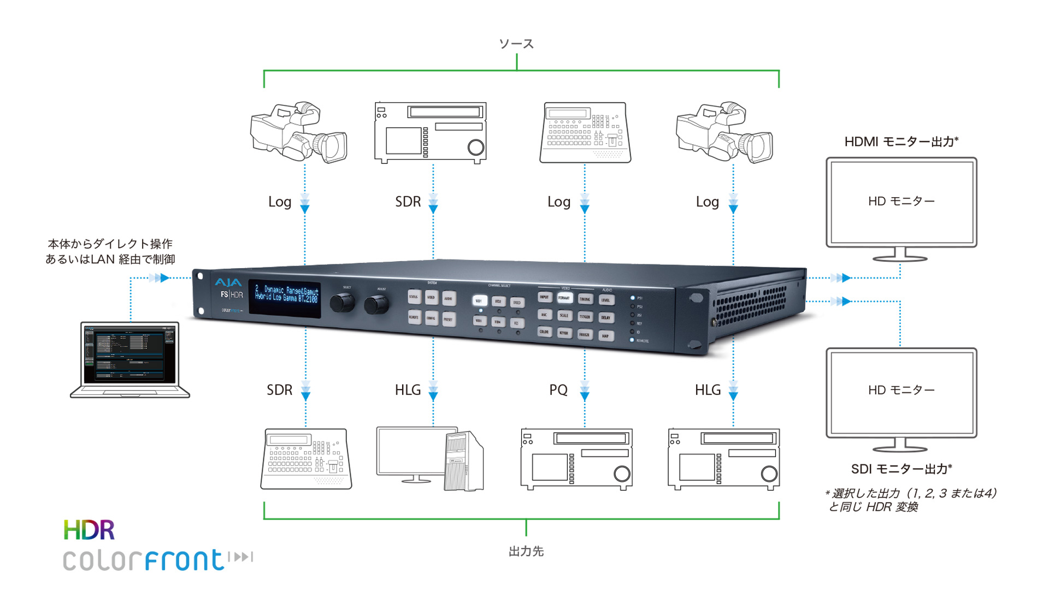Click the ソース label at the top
point(516,44)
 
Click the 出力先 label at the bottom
point(526,551)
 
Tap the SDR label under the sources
point(408,202)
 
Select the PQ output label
point(558,390)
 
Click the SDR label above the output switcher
point(279,390)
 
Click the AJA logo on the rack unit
point(228,282)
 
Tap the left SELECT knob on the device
point(342,303)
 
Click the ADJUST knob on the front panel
point(376,304)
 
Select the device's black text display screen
point(285,298)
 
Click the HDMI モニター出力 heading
point(901,141)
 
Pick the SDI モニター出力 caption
point(901,469)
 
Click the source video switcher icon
point(585,133)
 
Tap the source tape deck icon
point(430,133)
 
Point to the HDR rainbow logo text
point(89,530)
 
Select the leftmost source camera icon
point(298,132)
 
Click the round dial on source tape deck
point(476,147)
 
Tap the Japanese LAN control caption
point(110,251)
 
